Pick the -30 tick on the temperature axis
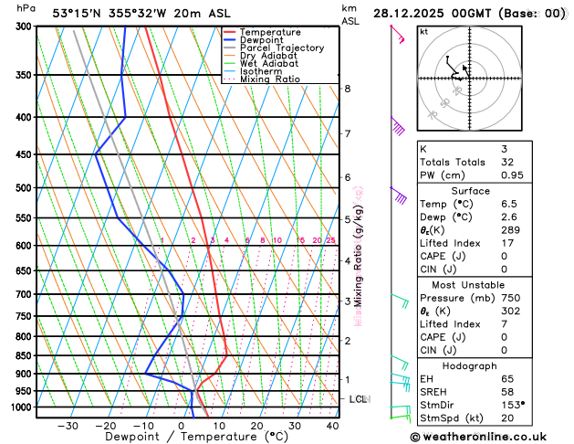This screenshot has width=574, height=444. (x=68, y=425)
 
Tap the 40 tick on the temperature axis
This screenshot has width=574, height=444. (x=332, y=425)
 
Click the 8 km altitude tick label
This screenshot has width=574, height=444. (x=348, y=89)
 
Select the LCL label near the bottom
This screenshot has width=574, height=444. (x=358, y=399)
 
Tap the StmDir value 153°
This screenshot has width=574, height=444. (x=513, y=404)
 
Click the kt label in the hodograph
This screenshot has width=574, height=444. (x=423, y=31)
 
